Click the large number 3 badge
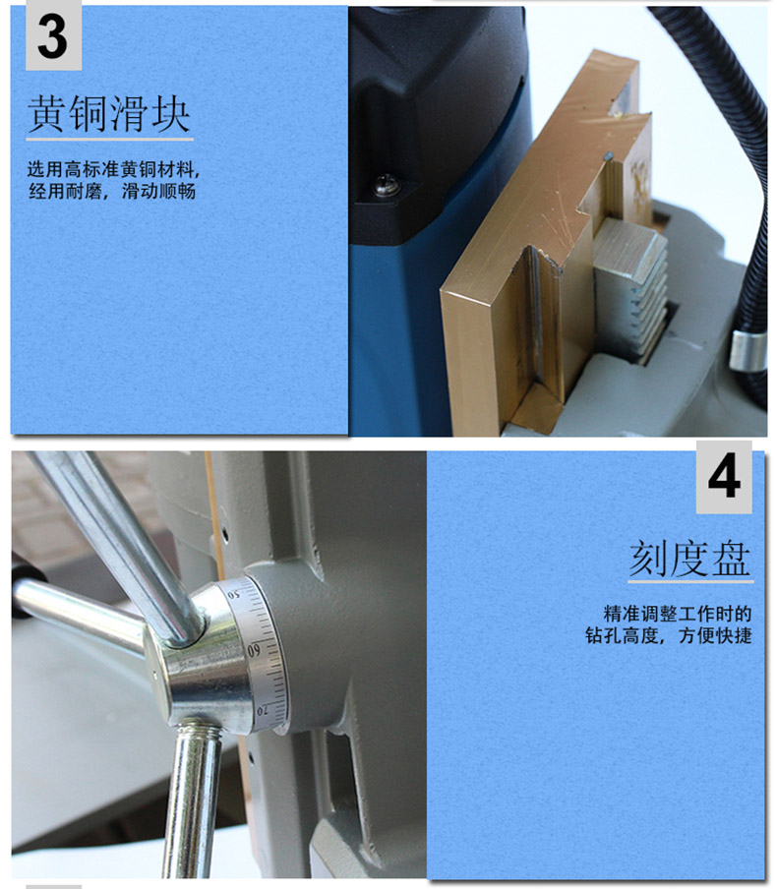(53, 35)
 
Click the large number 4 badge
(724, 477)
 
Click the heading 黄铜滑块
(108, 114)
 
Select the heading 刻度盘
(689, 559)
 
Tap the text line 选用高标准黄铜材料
(113, 169)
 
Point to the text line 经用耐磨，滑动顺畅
(112, 191)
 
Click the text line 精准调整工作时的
(678, 614)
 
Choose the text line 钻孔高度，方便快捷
(668, 635)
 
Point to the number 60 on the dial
(254, 650)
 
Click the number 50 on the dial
(234, 595)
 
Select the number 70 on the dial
(262, 710)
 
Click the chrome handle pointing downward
(192, 800)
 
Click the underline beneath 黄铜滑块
(109, 139)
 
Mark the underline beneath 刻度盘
(690, 581)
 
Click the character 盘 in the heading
(732, 559)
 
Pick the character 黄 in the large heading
(46, 114)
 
